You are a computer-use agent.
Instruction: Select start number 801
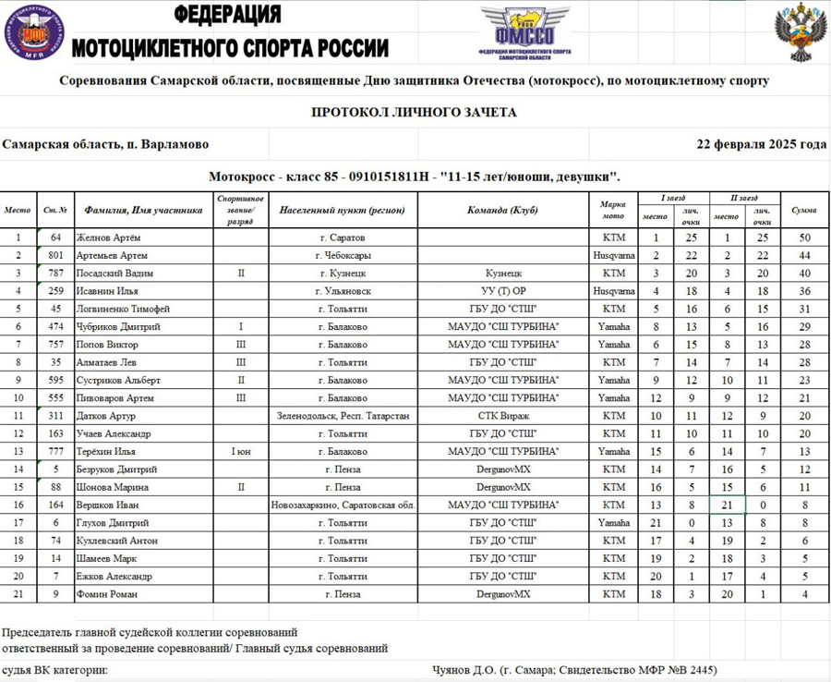pos(55,255)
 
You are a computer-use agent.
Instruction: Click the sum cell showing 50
pos(805,237)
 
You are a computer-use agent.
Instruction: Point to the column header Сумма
pos(805,211)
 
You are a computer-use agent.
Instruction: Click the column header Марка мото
pos(613,211)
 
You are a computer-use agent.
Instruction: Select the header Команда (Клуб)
pos(502,211)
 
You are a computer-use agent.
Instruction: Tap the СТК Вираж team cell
pos(502,416)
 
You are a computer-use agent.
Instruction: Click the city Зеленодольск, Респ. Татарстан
pos(343,416)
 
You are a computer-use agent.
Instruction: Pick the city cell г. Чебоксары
pos(343,255)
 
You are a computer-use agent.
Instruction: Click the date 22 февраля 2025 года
pos(762,144)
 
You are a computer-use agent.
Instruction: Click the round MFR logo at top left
pos(32,35)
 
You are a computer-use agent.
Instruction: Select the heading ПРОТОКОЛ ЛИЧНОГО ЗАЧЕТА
pos(414,112)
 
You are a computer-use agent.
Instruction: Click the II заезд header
pos(744,198)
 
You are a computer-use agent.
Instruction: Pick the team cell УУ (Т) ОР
pos(502,291)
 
